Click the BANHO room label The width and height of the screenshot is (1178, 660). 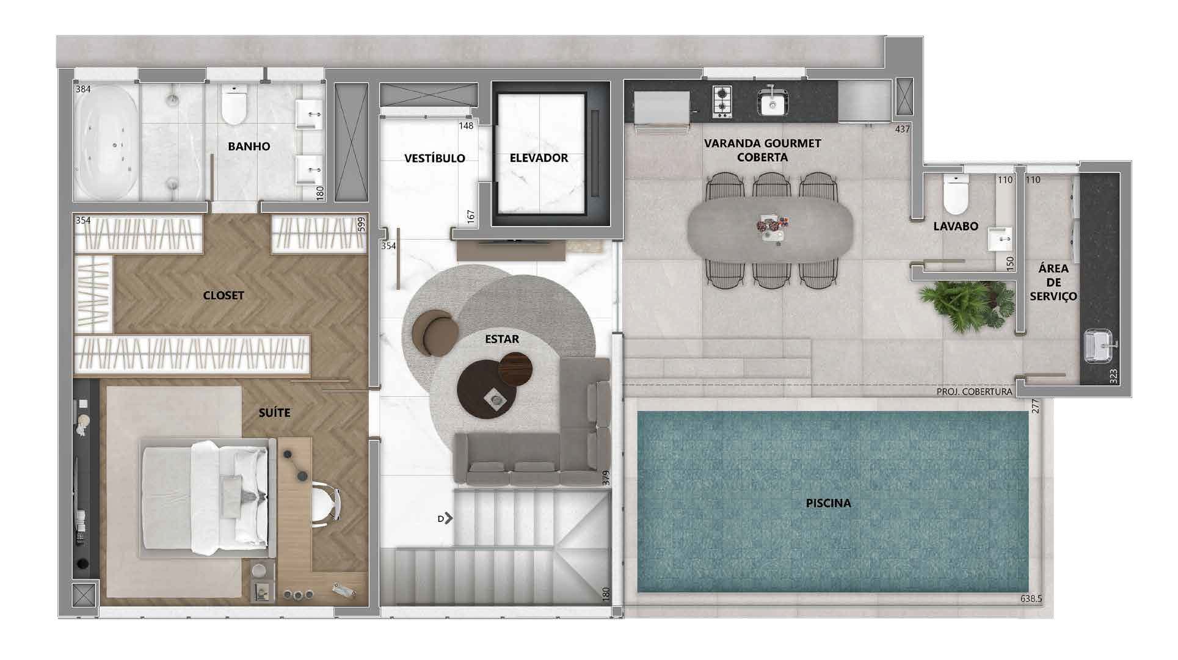(x=249, y=147)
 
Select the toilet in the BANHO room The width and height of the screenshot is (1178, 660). (x=234, y=105)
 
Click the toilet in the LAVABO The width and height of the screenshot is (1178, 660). (x=956, y=193)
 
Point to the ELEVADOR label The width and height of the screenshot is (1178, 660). (x=539, y=158)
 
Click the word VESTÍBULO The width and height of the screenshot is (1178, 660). (x=434, y=158)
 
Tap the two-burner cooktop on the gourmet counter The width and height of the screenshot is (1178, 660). (x=722, y=101)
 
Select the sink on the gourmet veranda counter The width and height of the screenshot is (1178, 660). (x=773, y=102)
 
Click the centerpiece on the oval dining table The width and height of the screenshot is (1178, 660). (x=771, y=227)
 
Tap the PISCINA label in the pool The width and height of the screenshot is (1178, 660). (x=828, y=504)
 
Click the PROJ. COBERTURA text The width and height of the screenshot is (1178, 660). (x=974, y=391)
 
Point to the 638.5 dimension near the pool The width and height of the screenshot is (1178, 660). (x=1031, y=599)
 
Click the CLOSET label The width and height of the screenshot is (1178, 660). (x=224, y=296)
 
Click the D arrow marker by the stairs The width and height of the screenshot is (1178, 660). (x=445, y=518)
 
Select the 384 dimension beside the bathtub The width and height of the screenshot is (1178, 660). (x=83, y=89)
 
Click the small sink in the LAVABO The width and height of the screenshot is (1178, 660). (x=999, y=239)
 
